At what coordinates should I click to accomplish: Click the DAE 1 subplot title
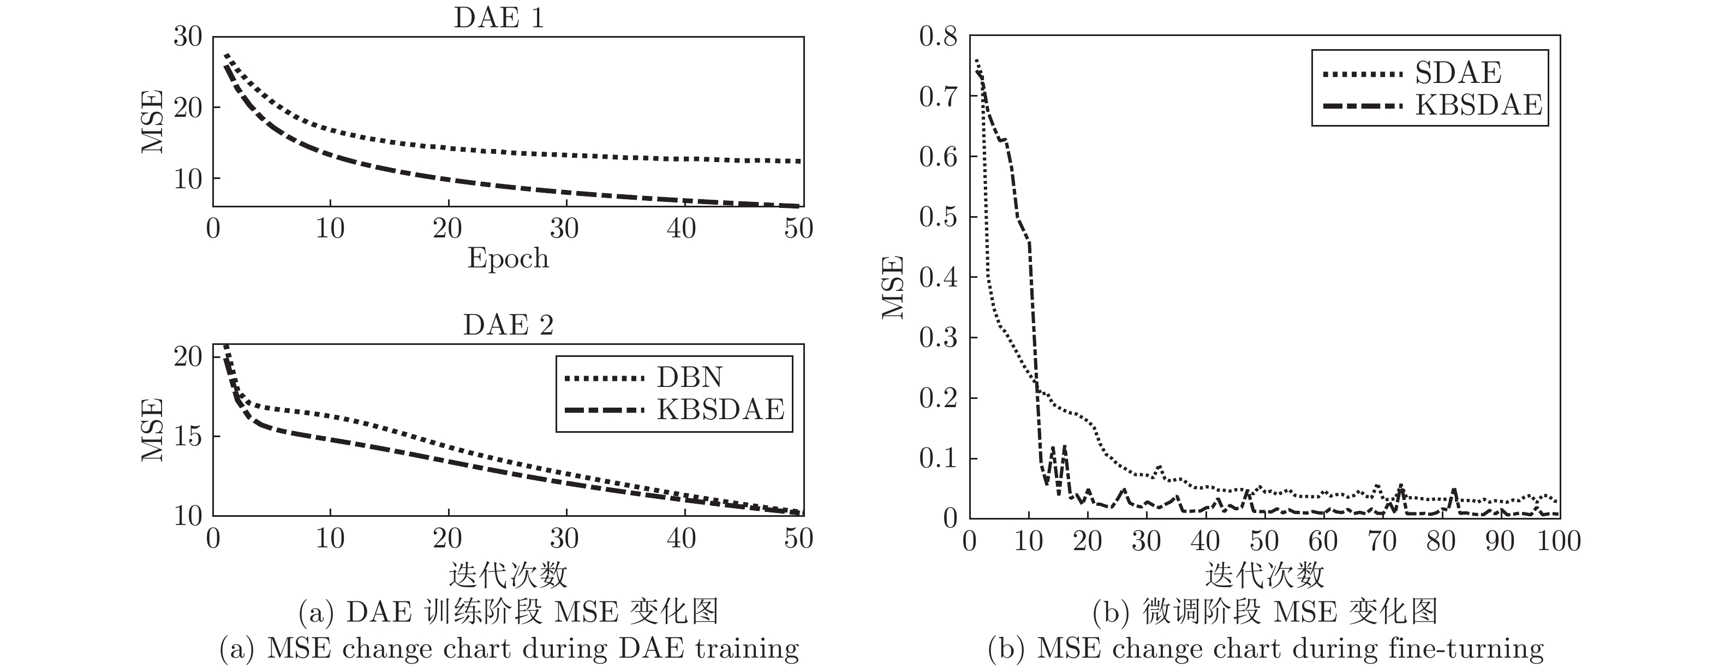(499, 17)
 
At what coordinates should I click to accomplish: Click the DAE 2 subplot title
(508, 325)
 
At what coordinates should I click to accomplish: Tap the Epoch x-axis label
(508, 258)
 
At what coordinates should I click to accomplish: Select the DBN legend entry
(689, 378)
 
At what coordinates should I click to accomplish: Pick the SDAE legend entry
(1458, 73)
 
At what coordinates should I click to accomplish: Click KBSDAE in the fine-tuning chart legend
(1479, 105)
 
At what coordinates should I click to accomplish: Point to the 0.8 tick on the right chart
(938, 37)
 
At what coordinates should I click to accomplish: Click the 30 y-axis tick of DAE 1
(188, 37)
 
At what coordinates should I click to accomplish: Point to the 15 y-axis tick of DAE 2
(188, 437)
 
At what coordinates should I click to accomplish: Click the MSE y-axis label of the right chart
(892, 287)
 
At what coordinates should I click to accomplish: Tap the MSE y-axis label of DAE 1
(153, 122)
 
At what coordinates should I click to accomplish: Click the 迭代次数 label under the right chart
(1264, 575)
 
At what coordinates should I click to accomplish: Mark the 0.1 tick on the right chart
(938, 458)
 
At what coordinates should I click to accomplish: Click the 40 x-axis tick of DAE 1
(682, 229)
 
